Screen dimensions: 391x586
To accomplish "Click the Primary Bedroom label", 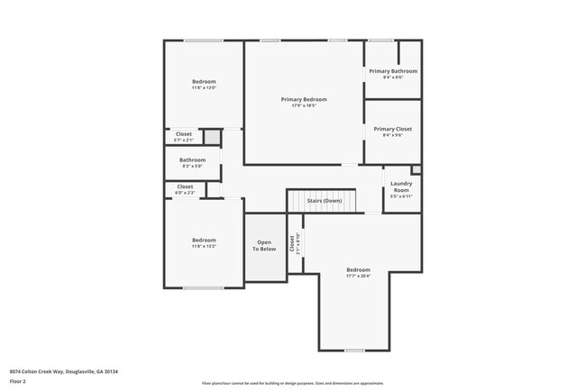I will click(x=303, y=99).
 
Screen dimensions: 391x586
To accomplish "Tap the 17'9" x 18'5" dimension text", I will click(x=303, y=106).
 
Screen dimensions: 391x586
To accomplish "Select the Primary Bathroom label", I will click(x=393, y=70).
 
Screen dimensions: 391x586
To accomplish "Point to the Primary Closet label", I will click(x=393, y=129).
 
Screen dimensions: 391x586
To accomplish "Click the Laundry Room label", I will click(x=401, y=186).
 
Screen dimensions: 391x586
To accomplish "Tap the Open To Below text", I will click(x=264, y=245).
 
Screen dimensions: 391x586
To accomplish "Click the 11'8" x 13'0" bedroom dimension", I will click(x=204, y=88).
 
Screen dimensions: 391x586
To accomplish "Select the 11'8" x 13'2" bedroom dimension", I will click(x=204, y=247).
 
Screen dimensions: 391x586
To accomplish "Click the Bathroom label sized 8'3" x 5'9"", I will click(x=192, y=159).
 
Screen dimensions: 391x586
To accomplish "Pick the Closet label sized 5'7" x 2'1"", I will click(x=183, y=133).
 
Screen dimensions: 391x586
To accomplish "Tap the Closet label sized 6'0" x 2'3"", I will click(x=185, y=186).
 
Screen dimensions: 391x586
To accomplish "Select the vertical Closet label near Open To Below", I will click(x=292, y=243).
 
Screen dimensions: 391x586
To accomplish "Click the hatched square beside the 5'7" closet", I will click(x=210, y=136).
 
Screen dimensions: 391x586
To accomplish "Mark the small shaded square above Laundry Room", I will click(x=416, y=169).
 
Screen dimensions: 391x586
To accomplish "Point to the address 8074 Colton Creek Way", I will click(x=63, y=371).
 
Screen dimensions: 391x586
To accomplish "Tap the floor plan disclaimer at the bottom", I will click(x=292, y=383).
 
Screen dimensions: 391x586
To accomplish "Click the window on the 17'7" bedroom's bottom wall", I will click(x=354, y=350).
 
